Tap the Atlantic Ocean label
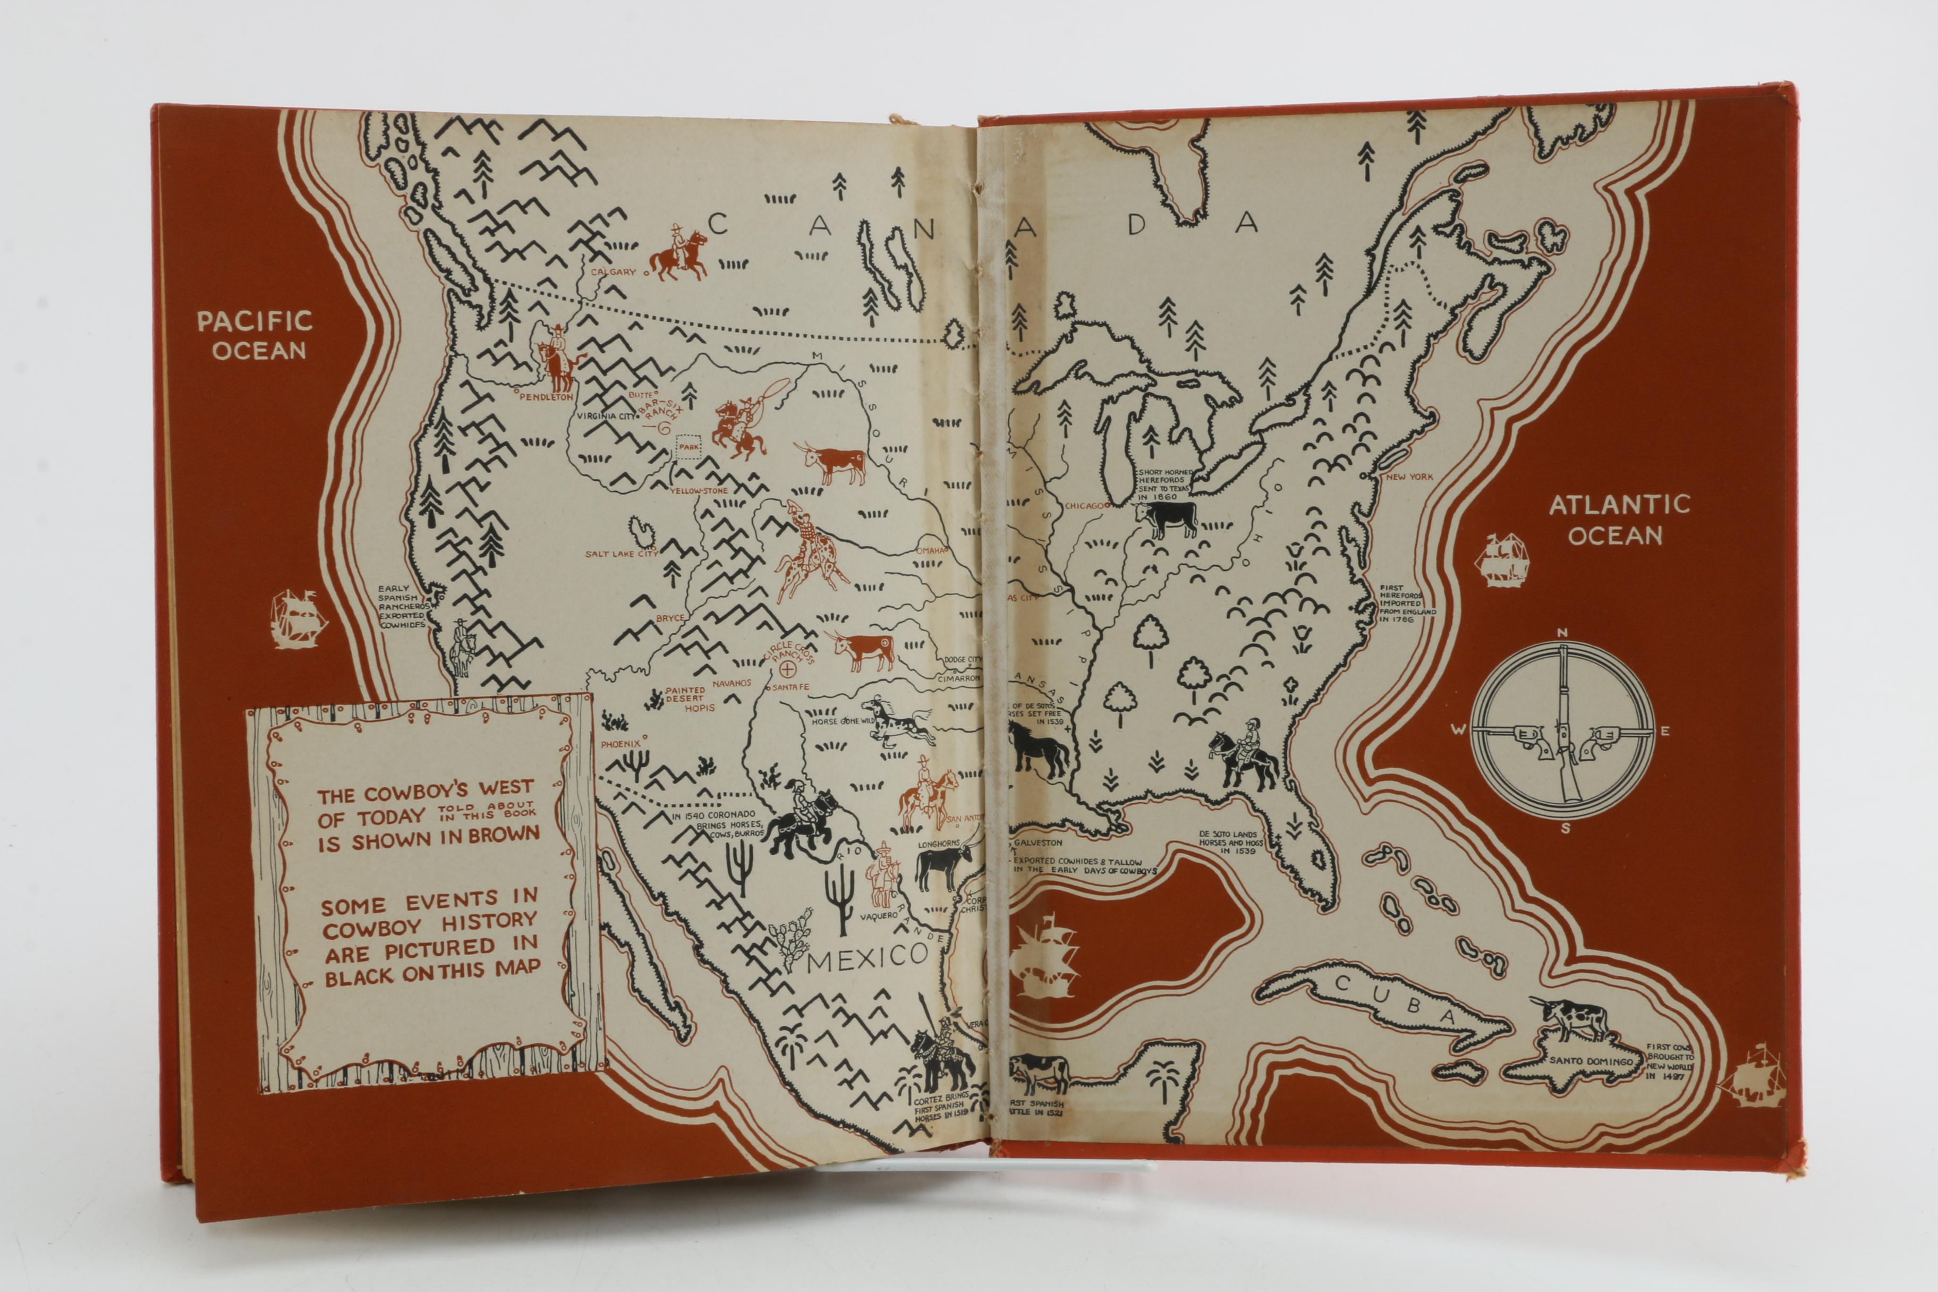[1619, 520]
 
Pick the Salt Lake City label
[622, 554]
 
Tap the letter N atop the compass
[1561, 633]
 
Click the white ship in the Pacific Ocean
[298, 619]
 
